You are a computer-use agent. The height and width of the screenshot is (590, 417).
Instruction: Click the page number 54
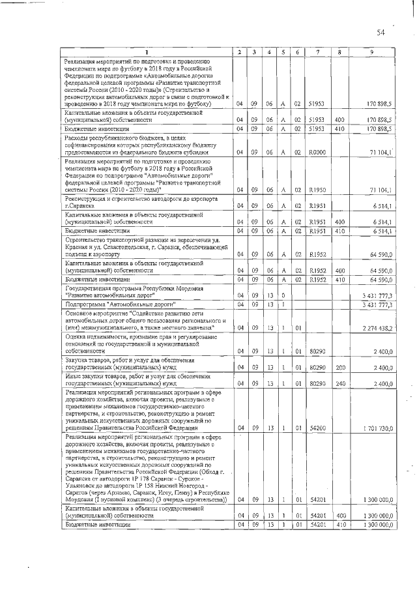(x=381, y=32)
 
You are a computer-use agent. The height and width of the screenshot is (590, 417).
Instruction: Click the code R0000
(x=317, y=153)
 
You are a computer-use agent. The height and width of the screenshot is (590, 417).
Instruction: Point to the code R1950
(x=317, y=189)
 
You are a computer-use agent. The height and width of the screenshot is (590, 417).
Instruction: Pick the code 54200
(x=317, y=428)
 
